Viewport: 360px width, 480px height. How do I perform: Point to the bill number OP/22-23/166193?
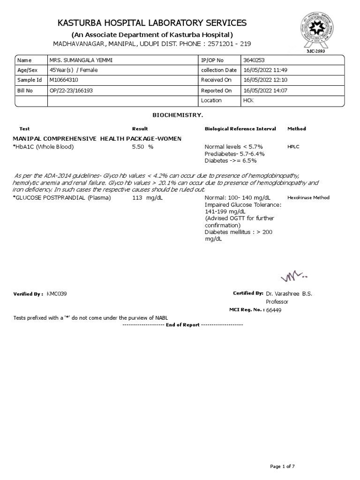pyautogui.click(x=71, y=90)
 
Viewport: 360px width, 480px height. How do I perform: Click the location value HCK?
pyautogui.click(x=248, y=101)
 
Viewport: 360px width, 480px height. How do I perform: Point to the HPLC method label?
pyautogui.click(x=293, y=147)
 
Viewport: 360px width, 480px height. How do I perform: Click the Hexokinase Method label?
pyautogui.click(x=308, y=198)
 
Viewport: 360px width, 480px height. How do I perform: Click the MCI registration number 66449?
pyautogui.click(x=274, y=310)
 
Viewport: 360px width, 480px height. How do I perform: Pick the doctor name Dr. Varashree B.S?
pyautogui.click(x=288, y=294)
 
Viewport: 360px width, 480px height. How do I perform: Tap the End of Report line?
pyautogui.click(x=182, y=324)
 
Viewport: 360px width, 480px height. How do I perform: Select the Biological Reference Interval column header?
pyautogui.click(x=240, y=128)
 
